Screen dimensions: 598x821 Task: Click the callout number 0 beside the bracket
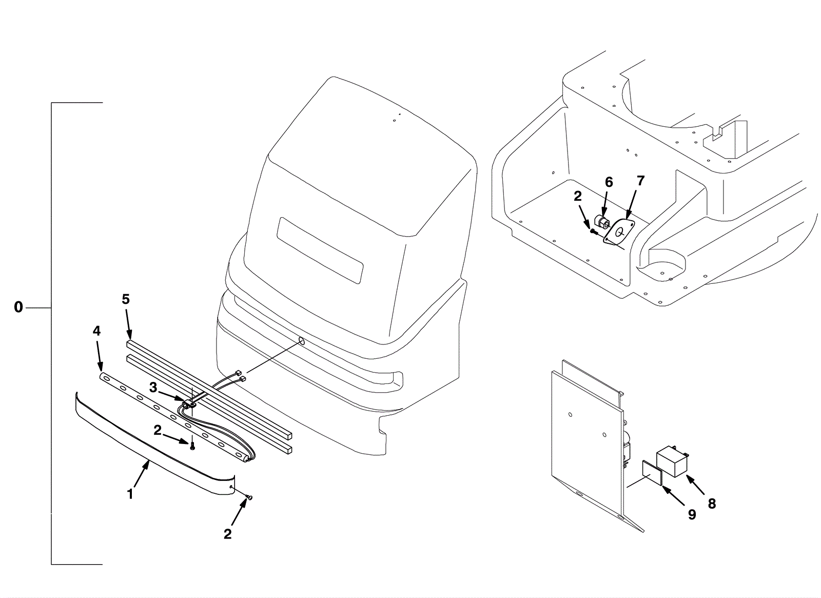pos(18,307)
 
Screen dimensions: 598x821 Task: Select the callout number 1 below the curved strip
pos(130,494)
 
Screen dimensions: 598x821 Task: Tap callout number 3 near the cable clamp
pos(153,388)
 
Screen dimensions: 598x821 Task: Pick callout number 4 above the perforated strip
pos(96,331)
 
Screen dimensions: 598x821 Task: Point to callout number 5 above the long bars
pos(126,299)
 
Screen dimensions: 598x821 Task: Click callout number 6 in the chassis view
pos(609,182)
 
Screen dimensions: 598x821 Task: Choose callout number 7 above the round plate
pos(640,181)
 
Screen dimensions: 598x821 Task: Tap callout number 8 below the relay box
pos(711,504)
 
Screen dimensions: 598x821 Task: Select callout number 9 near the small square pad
pos(692,514)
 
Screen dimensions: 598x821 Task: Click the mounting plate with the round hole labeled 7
pos(619,232)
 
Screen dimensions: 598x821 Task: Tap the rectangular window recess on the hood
pos(320,250)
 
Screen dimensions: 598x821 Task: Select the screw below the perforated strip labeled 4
pos(192,447)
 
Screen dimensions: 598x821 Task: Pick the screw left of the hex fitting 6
pos(594,232)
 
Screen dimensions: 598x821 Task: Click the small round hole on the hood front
pos(301,341)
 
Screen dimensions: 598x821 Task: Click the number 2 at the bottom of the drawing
pos(227,534)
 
